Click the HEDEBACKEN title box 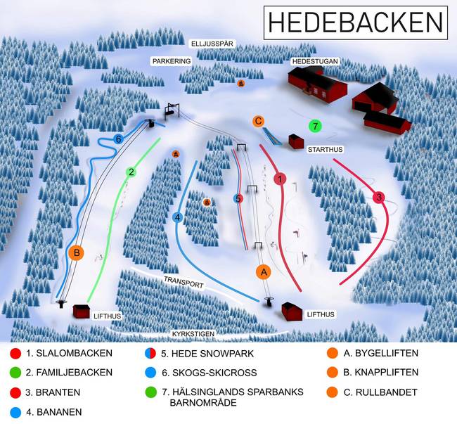(x=356, y=23)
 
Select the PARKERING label (x=172, y=62)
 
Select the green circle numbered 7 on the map (x=315, y=126)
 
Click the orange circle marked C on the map (x=259, y=121)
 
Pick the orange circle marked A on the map (x=263, y=271)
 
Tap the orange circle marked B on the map (x=77, y=252)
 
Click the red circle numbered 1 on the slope (x=280, y=179)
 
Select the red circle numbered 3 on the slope (x=379, y=198)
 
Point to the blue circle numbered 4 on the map (x=178, y=218)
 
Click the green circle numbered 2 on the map (x=131, y=172)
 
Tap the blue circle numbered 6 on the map (x=118, y=139)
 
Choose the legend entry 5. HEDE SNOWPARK (x=197, y=354)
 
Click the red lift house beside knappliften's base (x=81, y=311)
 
